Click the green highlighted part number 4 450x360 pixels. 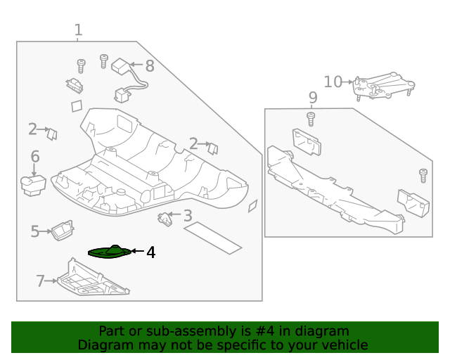point(109,252)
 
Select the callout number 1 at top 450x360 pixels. point(78,30)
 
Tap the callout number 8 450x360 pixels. point(149,66)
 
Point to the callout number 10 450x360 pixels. point(333,82)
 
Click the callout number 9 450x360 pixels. point(313,97)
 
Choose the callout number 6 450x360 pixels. point(34,157)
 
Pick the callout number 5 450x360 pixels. point(35,231)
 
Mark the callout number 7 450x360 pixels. point(40,281)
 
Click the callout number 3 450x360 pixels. point(188,216)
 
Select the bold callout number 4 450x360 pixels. point(150,252)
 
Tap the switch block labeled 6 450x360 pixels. point(33,184)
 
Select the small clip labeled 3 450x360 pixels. point(167,219)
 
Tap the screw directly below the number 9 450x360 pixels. point(311,117)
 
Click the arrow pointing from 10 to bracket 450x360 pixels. point(348,83)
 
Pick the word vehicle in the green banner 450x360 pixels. point(344,345)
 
